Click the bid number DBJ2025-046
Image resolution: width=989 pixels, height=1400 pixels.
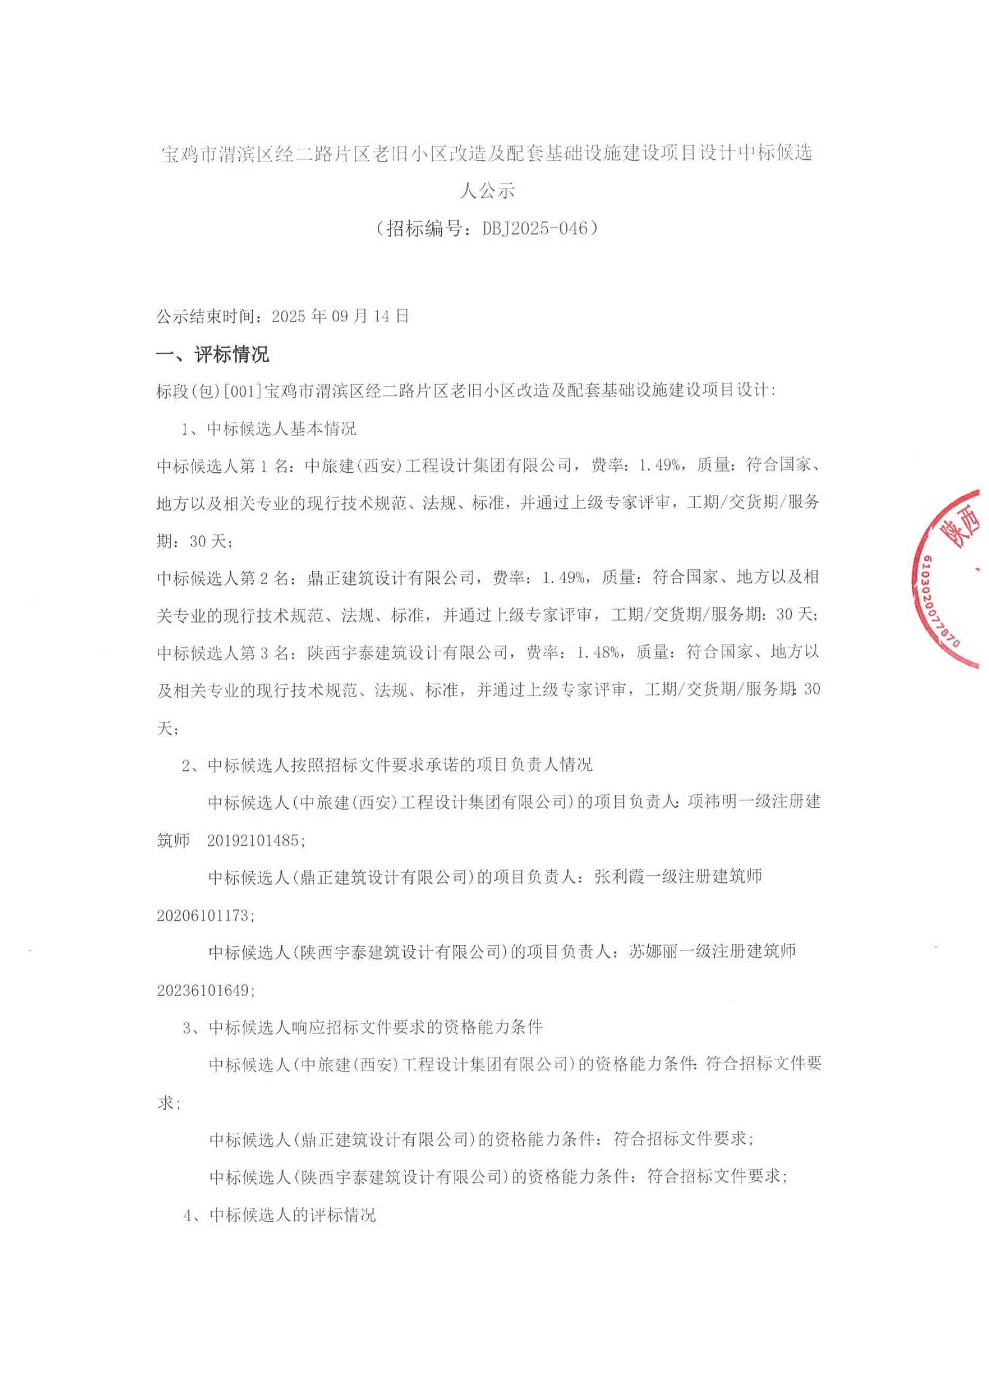536,229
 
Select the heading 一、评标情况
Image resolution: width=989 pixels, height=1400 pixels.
213,354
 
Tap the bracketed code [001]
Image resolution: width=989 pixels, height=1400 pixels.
243,391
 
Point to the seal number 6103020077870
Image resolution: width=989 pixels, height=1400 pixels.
938,601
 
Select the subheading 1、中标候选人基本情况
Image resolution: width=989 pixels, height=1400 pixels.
269,429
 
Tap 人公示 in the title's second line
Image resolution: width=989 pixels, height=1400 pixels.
487,191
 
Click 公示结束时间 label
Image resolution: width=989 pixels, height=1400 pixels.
211,317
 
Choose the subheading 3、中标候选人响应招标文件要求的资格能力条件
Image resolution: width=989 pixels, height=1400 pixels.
362,1027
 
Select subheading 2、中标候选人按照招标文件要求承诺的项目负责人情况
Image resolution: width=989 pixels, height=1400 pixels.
387,765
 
